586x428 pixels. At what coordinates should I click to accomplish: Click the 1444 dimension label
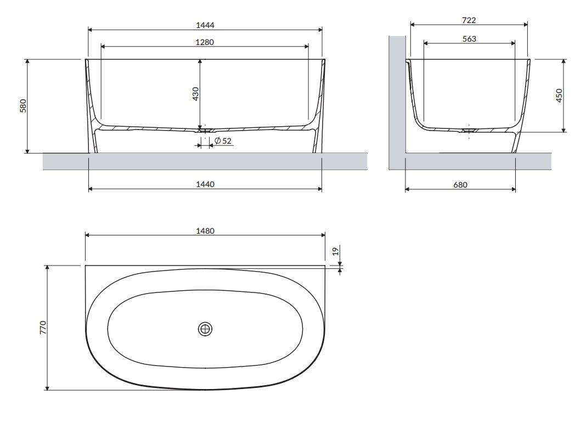point(205,25)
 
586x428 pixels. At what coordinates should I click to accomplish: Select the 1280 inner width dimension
point(205,42)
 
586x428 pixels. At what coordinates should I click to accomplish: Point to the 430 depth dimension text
point(195,94)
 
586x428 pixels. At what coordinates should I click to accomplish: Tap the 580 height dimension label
point(23,106)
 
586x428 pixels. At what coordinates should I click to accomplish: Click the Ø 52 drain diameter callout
point(223,141)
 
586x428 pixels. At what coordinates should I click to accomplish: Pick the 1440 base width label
point(205,184)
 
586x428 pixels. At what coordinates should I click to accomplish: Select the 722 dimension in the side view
point(469,20)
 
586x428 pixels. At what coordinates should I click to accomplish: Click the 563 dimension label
point(469,39)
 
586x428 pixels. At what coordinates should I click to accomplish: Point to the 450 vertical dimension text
point(559,95)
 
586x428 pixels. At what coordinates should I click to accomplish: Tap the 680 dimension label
point(460,185)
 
